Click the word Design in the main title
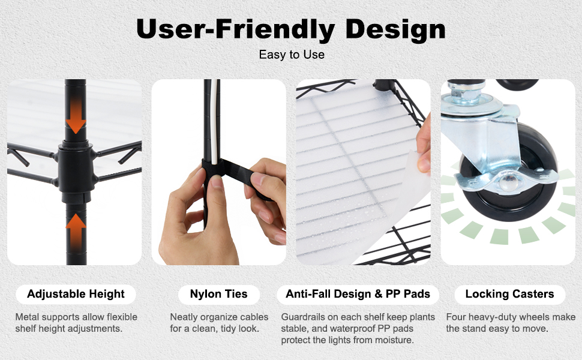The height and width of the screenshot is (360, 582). [x=395, y=29]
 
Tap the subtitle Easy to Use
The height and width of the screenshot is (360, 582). [x=292, y=55]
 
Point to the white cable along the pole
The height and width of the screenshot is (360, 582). [x=214, y=122]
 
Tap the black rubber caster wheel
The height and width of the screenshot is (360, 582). [x=512, y=175]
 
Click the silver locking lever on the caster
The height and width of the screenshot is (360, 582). [x=505, y=182]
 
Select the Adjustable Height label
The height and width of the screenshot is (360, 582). [x=76, y=294]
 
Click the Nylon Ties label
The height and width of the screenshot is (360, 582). [x=218, y=294]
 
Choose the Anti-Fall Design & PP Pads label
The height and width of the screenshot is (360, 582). [x=358, y=294]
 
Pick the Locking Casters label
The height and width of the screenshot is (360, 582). [x=509, y=294]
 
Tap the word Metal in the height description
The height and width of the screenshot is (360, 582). [x=27, y=317]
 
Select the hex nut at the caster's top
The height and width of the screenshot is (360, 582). [x=466, y=92]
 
